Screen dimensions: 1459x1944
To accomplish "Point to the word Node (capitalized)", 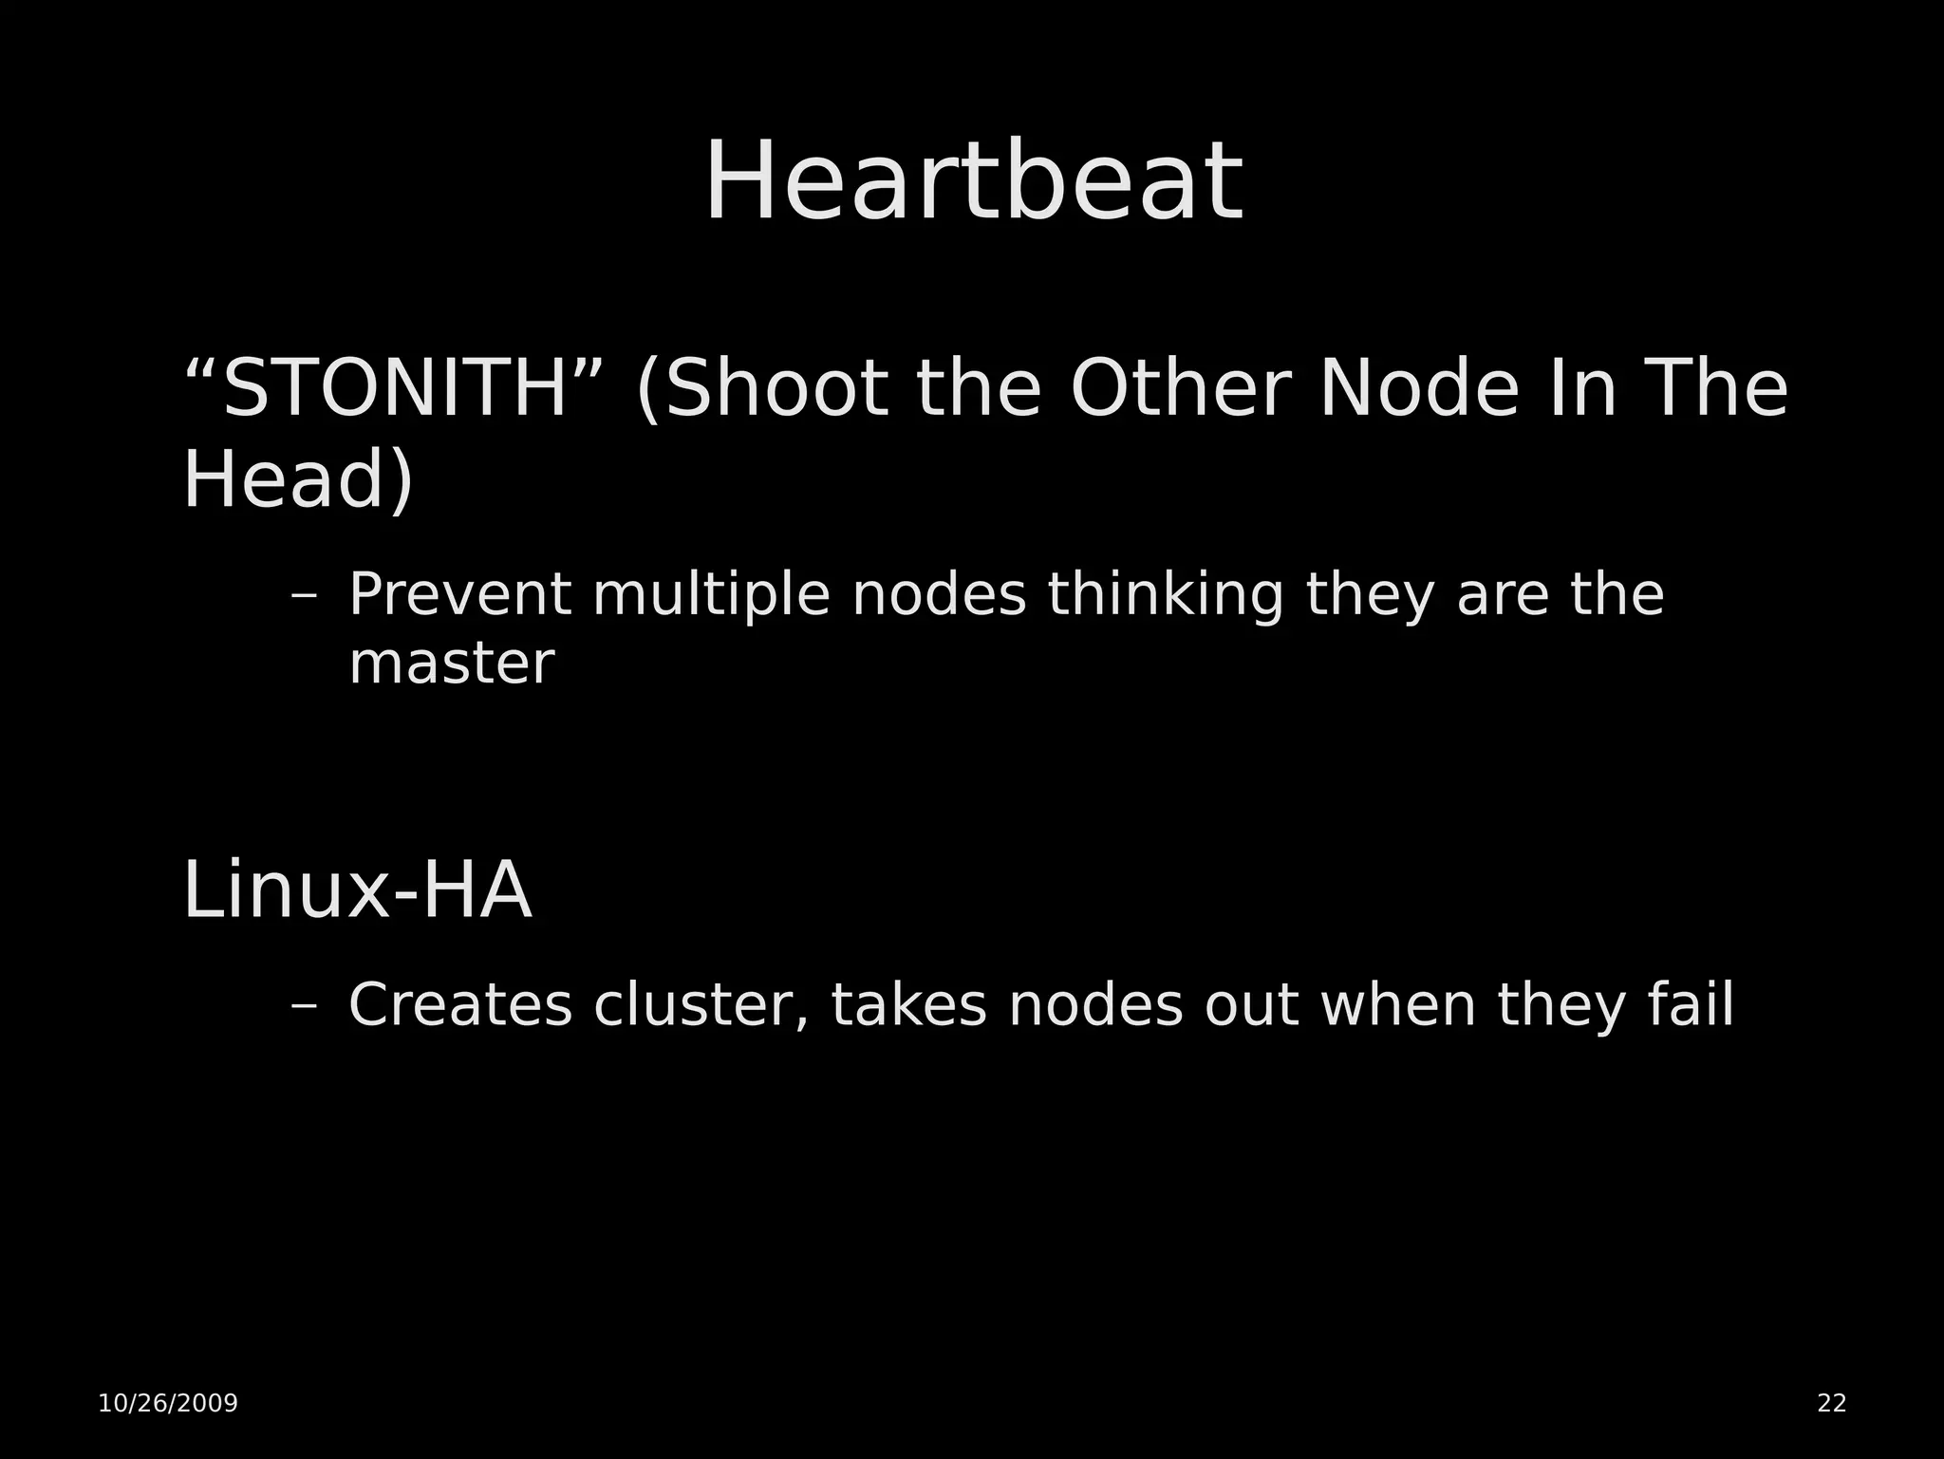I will point(1420,389).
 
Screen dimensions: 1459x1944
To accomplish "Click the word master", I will point(452,664).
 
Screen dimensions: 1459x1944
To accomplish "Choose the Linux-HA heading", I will point(357,891).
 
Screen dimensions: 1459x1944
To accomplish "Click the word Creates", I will point(460,1005).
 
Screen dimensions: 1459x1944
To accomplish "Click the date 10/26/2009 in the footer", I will point(168,1404).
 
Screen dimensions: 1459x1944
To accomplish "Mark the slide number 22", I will point(1831,1404).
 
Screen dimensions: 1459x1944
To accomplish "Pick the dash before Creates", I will point(304,1007).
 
